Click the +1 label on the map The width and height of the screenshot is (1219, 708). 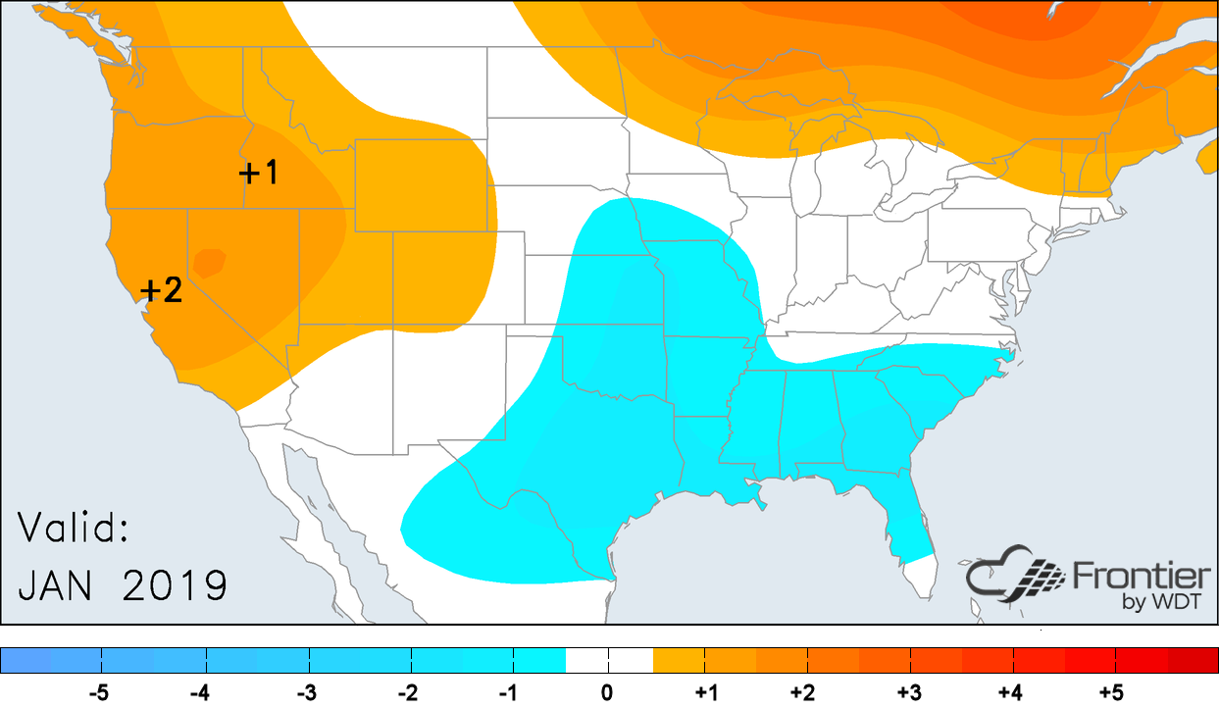click(x=259, y=174)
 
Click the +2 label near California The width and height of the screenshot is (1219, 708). click(x=162, y=291)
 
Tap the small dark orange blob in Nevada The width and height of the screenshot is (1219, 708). click(x=210, y=262)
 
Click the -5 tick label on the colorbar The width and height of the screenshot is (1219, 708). click(x=98, y=693)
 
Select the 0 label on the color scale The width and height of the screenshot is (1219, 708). click(x=607, y=693)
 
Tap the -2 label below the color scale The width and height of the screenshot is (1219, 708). click(x=407, y=693)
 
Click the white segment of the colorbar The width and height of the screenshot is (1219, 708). click(x=609, y=660)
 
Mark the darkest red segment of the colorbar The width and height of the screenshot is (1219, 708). click(x=1192, y=660)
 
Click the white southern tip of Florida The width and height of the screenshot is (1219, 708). click(x=919, y=574)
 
